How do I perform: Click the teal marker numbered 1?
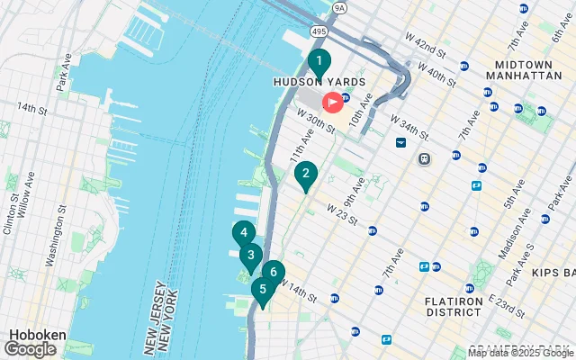tap(318, 62)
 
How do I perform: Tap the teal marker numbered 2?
tap(306, 175)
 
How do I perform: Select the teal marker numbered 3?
tap(250, 255)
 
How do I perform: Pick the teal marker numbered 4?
tap(243, 233)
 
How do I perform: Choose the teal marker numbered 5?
tap(263, 290)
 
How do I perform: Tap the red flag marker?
tap(332, 103)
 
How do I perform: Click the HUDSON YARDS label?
tap(319, 82)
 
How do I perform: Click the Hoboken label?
tap(35, 334)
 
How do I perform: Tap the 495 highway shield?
tap(319, 31)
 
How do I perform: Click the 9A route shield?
tap(338, 8)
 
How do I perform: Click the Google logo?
tap(31, 348)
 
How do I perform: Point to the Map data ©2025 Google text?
tap(520, 353)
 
